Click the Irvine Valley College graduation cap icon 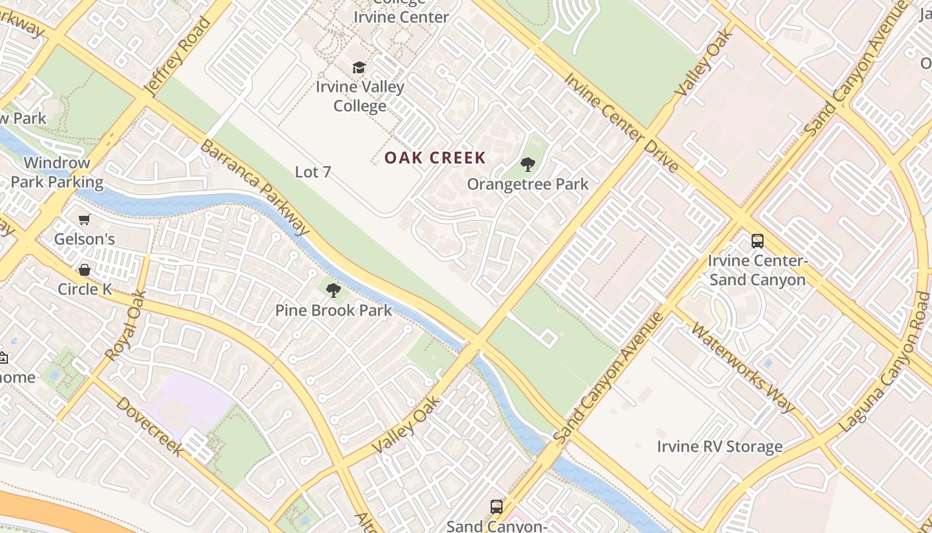[x=359, y=67]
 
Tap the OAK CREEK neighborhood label [x=435, y=158]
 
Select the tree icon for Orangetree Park [x=528, y=164]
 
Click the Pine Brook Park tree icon [x=334, y=290]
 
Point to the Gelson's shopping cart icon [x=85, y=219]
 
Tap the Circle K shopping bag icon [x=85, y=270]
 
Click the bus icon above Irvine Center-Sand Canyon [x=758, y=241]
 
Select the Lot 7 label [x=313, y=172]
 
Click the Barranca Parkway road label [x=255, y=188]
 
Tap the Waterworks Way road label [x=743, y=367]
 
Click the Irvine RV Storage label [x=720, y=446]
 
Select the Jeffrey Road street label [x=177, y=57]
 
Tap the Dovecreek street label [x=149, y=427]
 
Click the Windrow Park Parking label [x=57, y=173]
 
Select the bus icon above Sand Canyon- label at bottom [x=497, y=507]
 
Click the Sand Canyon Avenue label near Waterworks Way [x=608, y=377]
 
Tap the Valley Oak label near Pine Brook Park [x=407, y=424]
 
